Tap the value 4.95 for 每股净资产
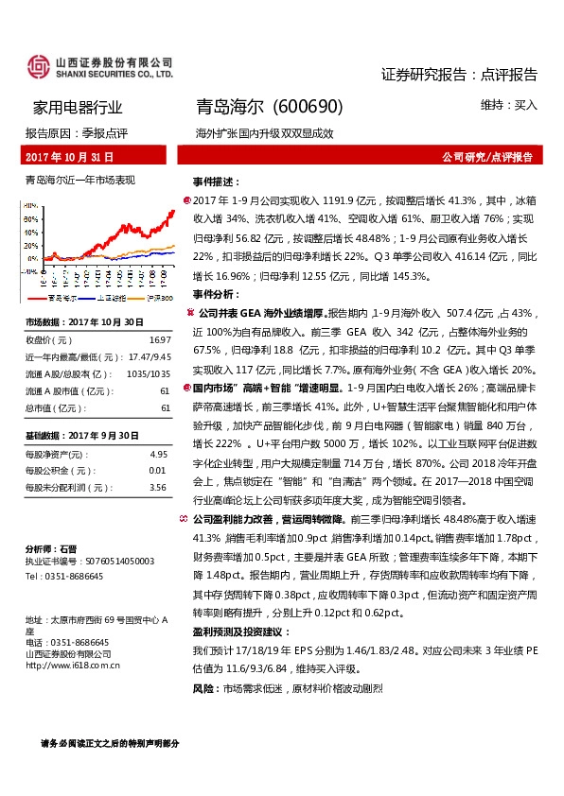[158, 454]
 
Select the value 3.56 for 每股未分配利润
[158, 487]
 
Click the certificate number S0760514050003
[118, 561]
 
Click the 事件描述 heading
[213, 181]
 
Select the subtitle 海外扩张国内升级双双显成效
[264, 133]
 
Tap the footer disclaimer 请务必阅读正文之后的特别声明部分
[110, 743]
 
